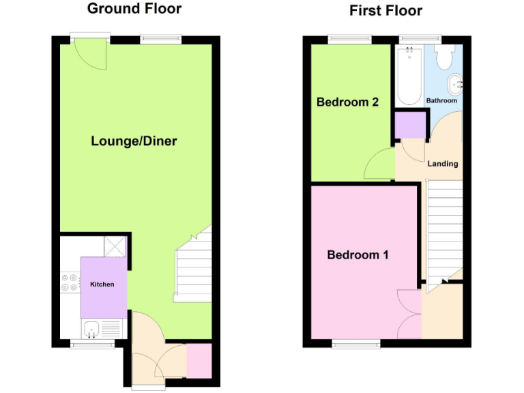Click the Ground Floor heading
[x=134, y=9]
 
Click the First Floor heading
[x=385, y=10]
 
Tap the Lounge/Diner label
[x=134, y=141]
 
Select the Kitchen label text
[x=102, y=284]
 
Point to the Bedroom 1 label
[x=358, y=255]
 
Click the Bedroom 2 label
[x=347, y=102]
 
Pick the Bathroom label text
[x=441, y=101]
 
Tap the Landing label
[x=442, y=164]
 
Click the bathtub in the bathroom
[x=409, y=76]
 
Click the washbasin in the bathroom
[x=454, y=85]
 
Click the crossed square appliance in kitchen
[x=114, y=245]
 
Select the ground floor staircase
[x=194, y=270]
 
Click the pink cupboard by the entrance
[x=199, y=361]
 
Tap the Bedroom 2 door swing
[x=379, y=164]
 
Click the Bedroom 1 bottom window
[x=357, y=343]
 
